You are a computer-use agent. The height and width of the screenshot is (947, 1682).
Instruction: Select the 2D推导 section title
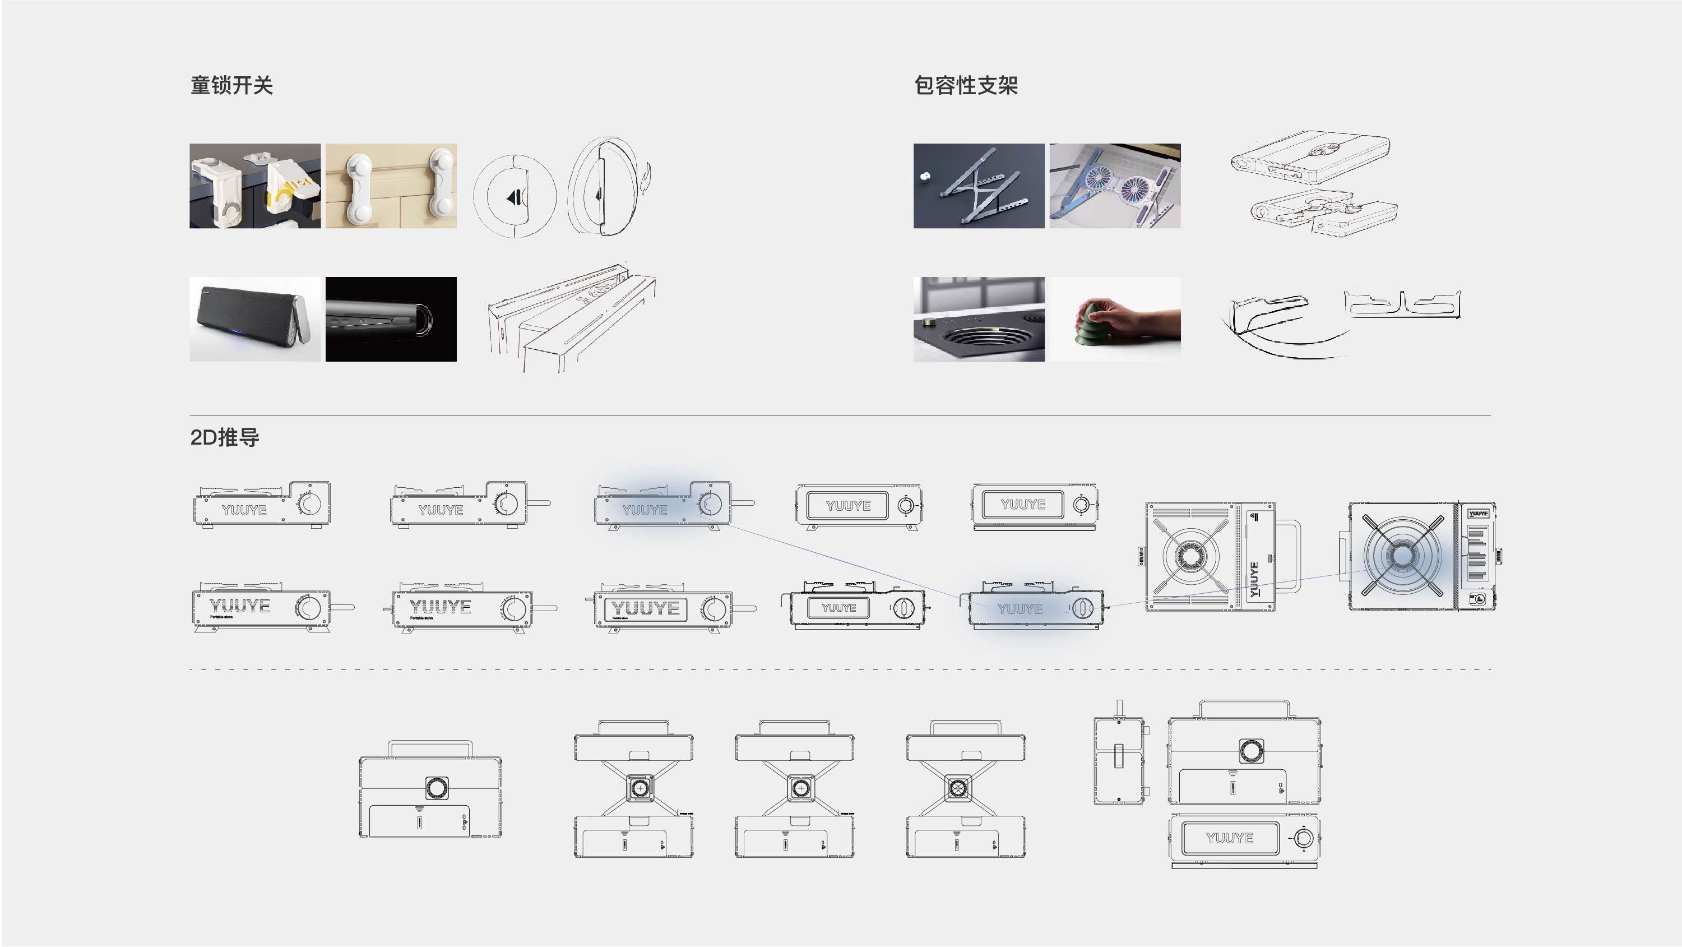pos(225,437)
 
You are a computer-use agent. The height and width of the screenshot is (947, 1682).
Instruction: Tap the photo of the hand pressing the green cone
pos(1115,320)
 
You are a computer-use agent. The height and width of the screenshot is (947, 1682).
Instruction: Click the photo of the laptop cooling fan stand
pos(1115,186)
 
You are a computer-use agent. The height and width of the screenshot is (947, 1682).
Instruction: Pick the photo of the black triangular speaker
pos(254,320)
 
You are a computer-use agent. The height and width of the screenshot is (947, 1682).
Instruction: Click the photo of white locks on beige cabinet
pos(391,186)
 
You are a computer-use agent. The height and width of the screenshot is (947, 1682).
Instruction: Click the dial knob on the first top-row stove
pos(309,503)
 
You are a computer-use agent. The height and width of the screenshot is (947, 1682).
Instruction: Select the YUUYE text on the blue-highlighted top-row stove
pos(645,510)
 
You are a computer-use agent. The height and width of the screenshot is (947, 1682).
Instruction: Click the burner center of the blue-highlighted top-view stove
pos(1402,556)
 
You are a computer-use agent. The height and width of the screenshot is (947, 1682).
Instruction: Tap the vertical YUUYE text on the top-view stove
pos(1254,579)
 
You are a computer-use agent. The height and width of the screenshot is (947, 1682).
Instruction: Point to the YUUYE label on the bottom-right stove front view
pos(1229,838)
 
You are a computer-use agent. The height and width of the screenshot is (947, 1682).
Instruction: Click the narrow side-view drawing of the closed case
pos(1119,757)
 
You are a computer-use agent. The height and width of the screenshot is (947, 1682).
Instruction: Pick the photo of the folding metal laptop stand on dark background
pos(978,186)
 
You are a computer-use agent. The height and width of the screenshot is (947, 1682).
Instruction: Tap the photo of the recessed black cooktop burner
pos(978,320)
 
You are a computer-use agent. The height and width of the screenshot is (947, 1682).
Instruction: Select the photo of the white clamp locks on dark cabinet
pos(254,186)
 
